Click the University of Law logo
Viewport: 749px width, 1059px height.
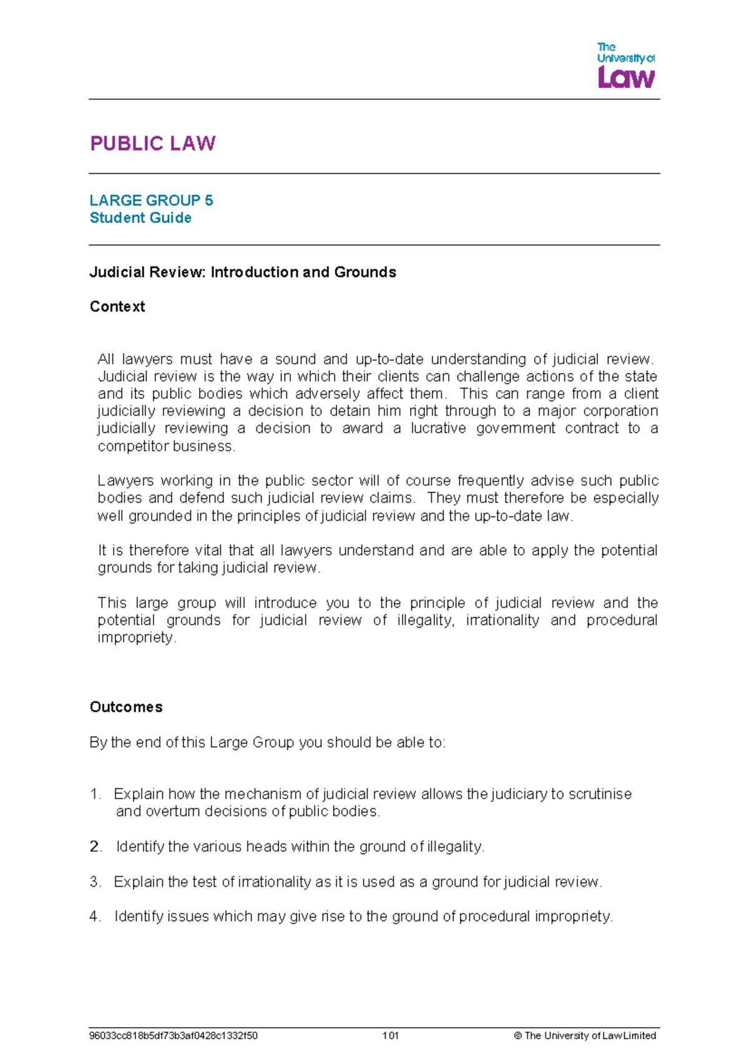click(625, 65)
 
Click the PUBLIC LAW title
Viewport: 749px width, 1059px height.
click(153, 144)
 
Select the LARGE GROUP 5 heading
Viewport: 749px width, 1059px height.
click(151, 200)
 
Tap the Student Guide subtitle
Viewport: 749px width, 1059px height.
click(140, 218)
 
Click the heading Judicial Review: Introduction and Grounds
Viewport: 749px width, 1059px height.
click(243, 272)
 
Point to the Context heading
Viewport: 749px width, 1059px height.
click(117, 307)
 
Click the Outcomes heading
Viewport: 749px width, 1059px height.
click(126, 707)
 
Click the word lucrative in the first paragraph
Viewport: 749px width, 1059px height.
click(438, 428)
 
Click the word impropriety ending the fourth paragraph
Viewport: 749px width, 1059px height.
click(135, 638)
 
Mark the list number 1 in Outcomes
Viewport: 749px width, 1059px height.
click(95, 794)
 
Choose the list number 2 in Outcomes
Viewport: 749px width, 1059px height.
click(95, 847)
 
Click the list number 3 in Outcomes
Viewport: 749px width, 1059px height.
click(95, 882)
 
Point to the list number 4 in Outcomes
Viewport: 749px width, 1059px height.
click(95, 917)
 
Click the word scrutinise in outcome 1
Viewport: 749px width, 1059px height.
click(600, 794)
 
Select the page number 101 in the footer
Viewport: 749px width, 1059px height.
click(391, 1036)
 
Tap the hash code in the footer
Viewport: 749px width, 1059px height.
click(174, 1036)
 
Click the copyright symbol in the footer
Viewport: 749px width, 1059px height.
click(517, 1036)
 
